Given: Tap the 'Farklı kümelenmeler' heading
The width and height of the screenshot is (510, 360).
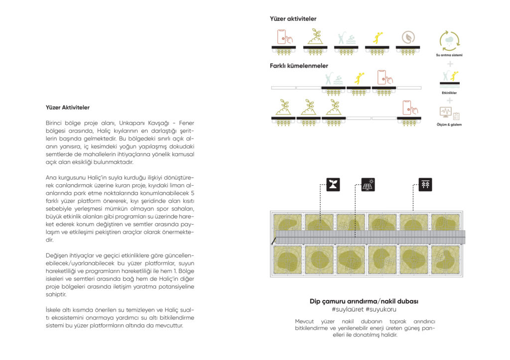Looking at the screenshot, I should click(299, 65).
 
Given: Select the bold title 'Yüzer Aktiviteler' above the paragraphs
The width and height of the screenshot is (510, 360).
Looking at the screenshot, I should click(68, 107).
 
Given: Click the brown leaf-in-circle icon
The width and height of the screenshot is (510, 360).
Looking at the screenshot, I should click(408, 38).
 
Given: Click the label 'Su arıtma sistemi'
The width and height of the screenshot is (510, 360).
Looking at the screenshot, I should click(449, 55).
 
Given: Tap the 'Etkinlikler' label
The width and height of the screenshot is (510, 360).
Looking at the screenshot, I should click(450, 93).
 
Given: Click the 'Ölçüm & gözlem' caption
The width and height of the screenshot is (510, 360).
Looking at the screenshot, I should click(449, 124).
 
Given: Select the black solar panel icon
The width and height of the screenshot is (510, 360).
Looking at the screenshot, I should click(368, 185).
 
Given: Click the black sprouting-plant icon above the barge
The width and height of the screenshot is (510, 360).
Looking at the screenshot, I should click(333, 185).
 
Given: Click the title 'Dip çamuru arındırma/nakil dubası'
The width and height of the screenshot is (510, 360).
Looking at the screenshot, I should click(364, 301).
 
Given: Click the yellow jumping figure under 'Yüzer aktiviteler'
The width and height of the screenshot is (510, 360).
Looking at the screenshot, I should click(377, 37).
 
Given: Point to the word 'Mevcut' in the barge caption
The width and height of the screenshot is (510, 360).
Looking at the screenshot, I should click(305, 321).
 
